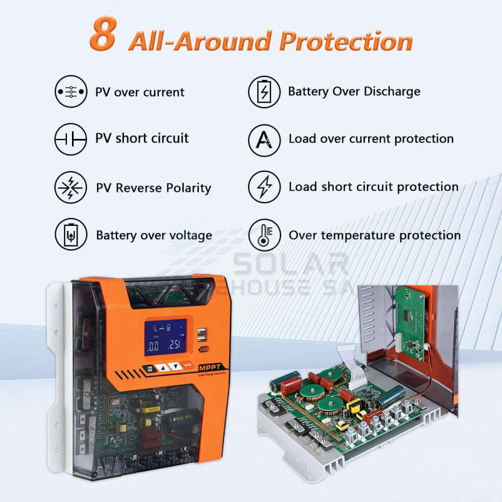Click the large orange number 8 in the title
point(103,34)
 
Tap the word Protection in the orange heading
point(345,42)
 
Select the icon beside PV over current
point(71,91)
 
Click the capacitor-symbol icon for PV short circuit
point(71,138)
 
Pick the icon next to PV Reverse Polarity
point(71,187)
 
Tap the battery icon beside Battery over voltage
point(71,235)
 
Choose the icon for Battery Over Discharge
point(264,91)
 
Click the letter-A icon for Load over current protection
point(264,139)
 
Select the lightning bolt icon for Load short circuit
point(264,187)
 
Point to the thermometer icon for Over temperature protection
point(264,235)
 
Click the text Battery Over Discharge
point(354,91)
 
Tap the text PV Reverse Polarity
point(153,188)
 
